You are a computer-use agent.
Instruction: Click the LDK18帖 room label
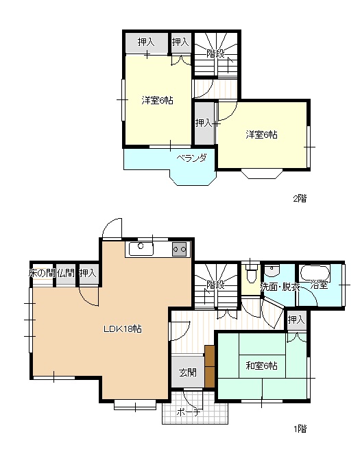coord(122,329)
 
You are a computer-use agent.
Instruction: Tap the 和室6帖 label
coord(261,366)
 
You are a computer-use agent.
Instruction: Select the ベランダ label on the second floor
coord(191,158)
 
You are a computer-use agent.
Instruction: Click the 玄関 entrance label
coord(187,372)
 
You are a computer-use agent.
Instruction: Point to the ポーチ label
coord(189,412)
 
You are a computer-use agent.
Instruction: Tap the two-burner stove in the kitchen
coord(180,249)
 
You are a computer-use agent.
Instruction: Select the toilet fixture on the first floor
coord(251,274)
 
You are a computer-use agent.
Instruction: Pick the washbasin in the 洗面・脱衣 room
coord(272,270)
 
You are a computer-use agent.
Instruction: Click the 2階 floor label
coord(300,198)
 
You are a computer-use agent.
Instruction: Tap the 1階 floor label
coord(300,429)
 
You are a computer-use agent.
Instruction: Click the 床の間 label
coord(42,273)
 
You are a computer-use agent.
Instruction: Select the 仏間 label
coord(66,273)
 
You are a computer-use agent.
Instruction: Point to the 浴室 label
coord(319,285)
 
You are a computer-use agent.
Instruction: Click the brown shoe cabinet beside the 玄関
coord(210,366)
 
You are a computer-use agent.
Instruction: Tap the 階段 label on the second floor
coord(215,54)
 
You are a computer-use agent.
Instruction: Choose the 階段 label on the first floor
coord(215,285)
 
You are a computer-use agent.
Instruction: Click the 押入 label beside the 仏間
coord(88,273)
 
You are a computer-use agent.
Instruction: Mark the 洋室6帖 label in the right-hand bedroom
coord(261,134)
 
